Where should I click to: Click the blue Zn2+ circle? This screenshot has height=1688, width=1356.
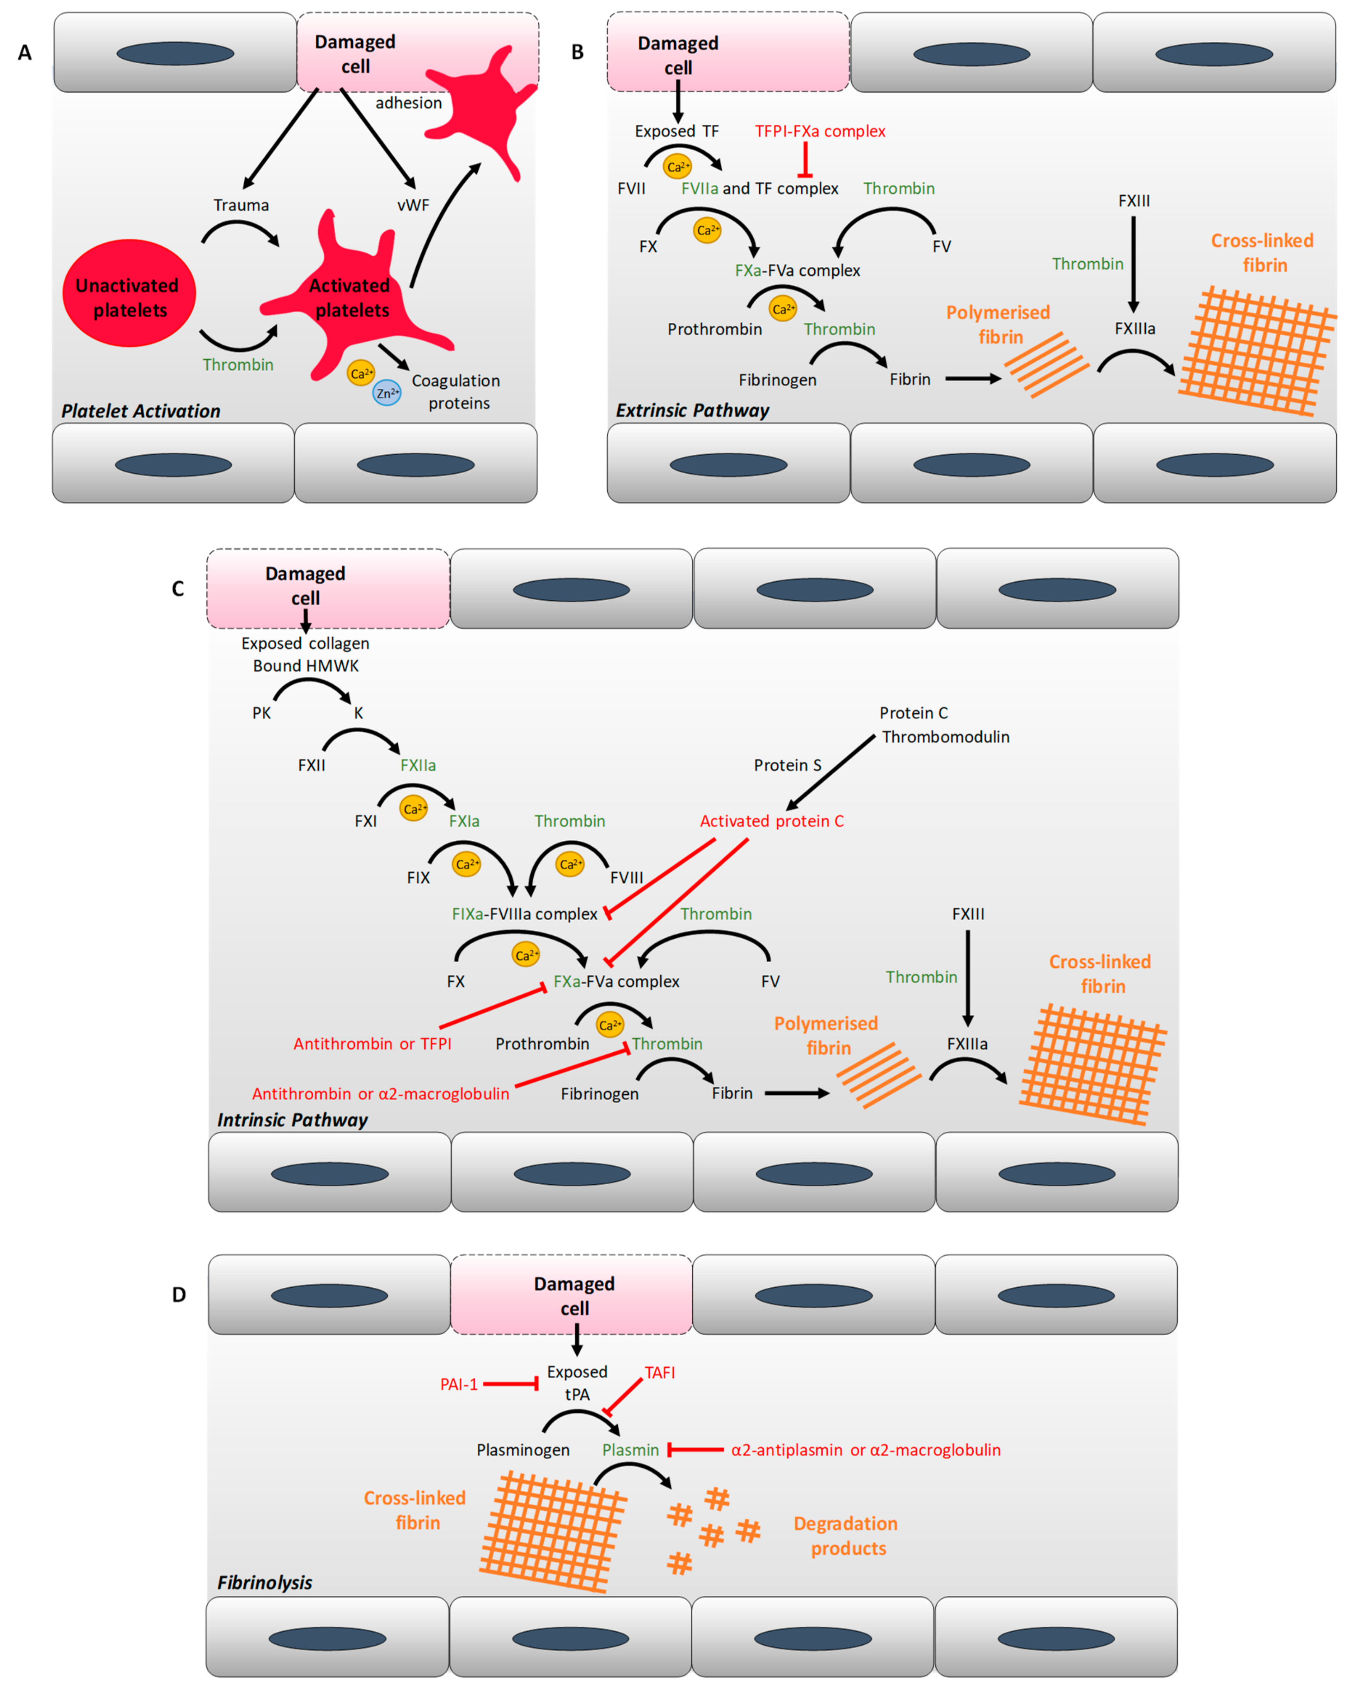click(x=387, y=393)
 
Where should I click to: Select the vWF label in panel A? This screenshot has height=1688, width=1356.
click(x=413, y=205)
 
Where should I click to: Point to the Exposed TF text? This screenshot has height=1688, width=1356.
click(x=676, y=132)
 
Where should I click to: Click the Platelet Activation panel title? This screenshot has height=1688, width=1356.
click(x=141, y=411)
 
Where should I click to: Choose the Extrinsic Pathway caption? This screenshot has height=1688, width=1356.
click(x=693, y=410)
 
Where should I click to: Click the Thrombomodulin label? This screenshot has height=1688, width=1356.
click(x=946, y=737)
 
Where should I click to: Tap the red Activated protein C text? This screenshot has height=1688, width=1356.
click(x=772, y=821)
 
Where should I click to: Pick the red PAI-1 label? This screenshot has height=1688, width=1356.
click(x=459, y=1384)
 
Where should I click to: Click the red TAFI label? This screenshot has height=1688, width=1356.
click(x=660, y=1373)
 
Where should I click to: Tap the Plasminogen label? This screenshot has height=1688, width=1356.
click(x=523, y=1450)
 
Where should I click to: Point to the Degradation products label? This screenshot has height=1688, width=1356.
click(x=846, y=1536)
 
